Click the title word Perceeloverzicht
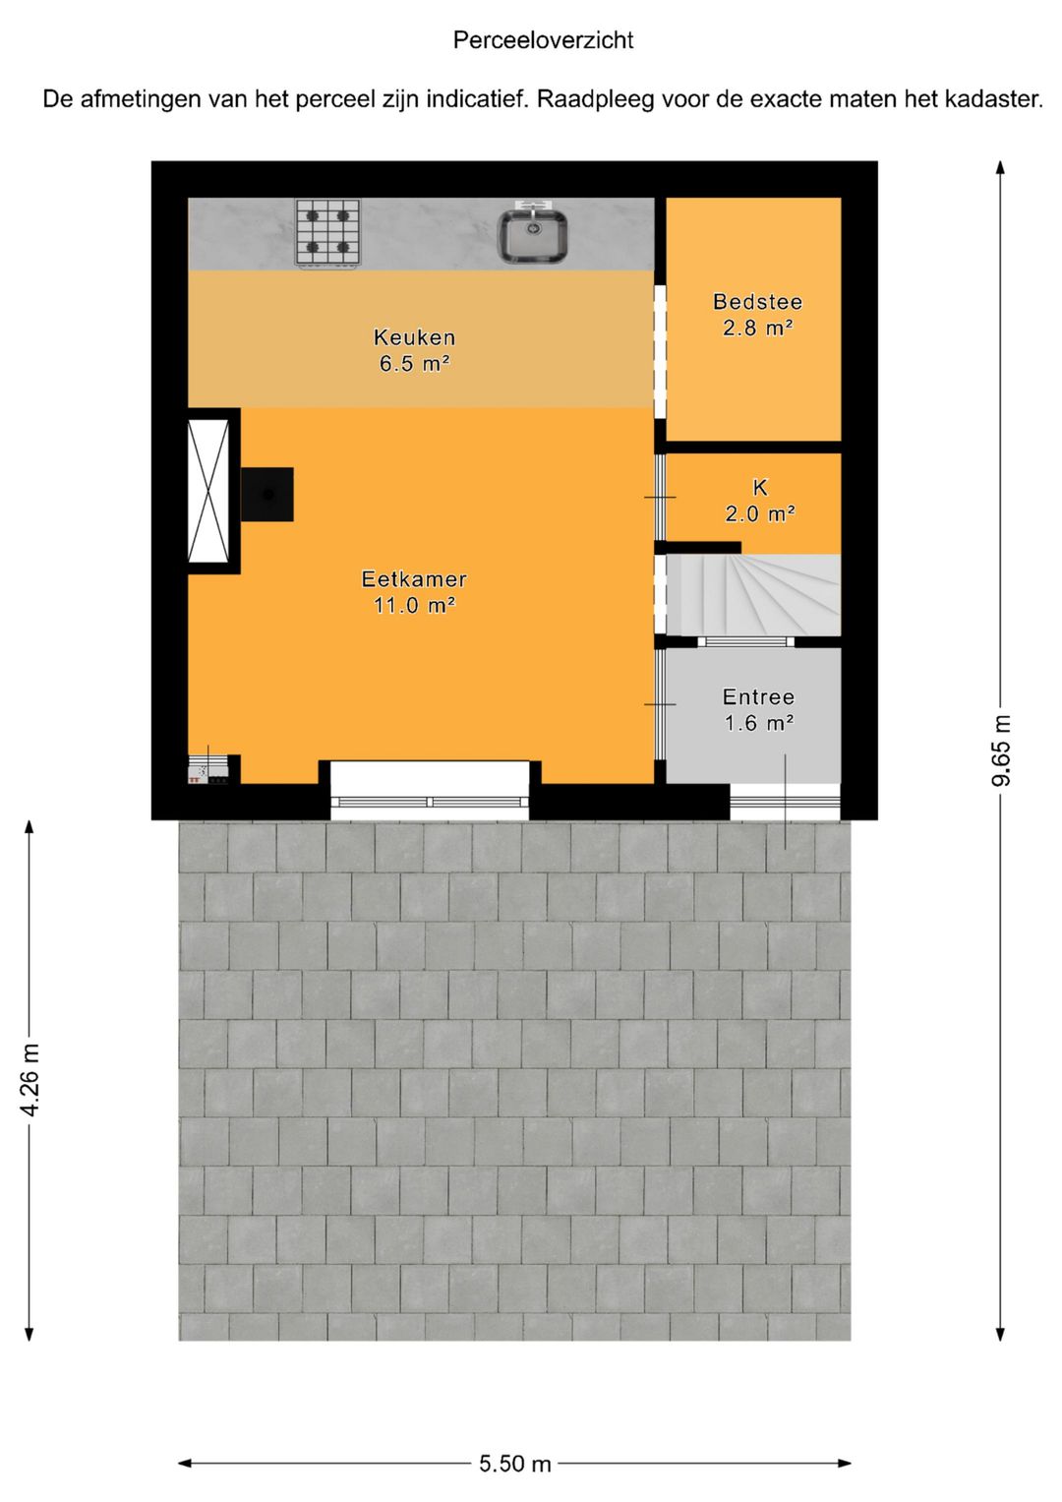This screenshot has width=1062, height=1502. click(x=543, y=40)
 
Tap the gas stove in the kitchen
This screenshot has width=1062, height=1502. click(x=327, y=232)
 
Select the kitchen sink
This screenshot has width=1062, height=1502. click(x=534, y=232)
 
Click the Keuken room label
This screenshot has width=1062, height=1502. click(x=414, y=336)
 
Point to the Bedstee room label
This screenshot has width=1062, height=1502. click(x=757, y=302)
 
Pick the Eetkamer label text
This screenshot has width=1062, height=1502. click(x=414, y=578)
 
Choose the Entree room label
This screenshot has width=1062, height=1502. click(x=758, y=696)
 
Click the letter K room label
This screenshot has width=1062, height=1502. click(x=759, y=488)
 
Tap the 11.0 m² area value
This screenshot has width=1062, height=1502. click(x=414, y=606)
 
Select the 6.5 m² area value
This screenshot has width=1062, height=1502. click(x=414, y=363)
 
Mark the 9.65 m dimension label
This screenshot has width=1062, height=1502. click(x=1001, y=751)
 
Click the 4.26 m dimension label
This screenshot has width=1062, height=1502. click(x=30, y=1080)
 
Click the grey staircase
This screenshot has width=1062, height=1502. click(x=753, y=594)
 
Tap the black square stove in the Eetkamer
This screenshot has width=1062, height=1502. click(x=266, y=494)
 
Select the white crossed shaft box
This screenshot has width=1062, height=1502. click(x=208, y=491)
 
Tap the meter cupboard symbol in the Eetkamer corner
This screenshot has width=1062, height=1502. click(x=208, y=770)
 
